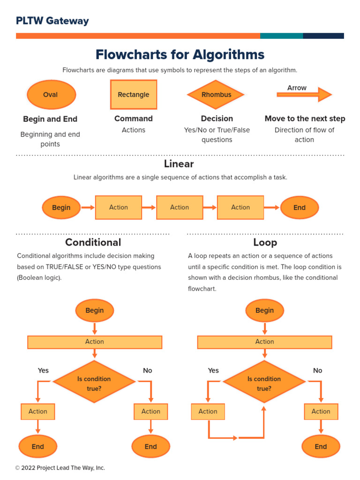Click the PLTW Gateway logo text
52,21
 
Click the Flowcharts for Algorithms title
180,54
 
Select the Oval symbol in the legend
51,95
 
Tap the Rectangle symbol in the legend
134,95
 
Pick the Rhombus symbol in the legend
216,95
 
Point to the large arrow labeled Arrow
304,95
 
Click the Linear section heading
179,164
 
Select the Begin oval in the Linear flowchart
61,208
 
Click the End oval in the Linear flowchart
300,208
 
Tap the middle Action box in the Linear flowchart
180,208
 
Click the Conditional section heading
93,242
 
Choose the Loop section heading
265,242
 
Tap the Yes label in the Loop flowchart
213,370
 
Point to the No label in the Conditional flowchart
148,370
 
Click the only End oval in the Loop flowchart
321,447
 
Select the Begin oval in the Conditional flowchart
95,310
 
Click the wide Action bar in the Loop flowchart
264,342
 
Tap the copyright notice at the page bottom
60,468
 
